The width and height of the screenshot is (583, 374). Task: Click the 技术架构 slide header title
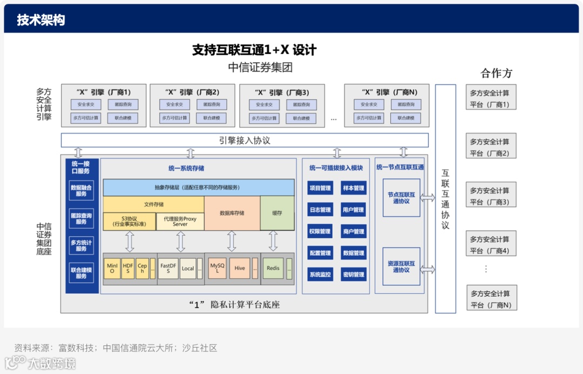[x=41, y=20]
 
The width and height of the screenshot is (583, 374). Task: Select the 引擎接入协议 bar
[x=245, y=141]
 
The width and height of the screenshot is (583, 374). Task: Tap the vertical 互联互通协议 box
[x=445, y=198]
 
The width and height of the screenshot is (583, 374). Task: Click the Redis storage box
[x=273, y=268]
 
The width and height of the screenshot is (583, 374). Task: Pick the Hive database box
[x=240, y=268]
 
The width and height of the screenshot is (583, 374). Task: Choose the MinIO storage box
[x=112, y=268]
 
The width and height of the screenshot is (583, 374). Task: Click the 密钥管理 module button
[x=354, y=275]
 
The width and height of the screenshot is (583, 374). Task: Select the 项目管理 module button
[x=320, y=188]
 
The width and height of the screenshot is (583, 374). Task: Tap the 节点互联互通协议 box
[x=401, y=198]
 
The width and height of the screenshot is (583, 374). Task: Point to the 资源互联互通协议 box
[x=401, y=266]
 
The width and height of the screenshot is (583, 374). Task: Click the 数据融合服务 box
[x=81, y=190]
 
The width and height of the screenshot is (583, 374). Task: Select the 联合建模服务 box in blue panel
[x=81, y=272]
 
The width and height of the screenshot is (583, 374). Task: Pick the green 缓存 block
[x=277, y=213]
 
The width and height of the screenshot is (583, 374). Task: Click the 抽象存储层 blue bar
[x=199, y=188]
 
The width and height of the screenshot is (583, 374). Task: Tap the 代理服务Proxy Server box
[x=180, y=222]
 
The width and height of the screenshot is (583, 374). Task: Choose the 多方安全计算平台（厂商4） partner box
[x=491, y=244]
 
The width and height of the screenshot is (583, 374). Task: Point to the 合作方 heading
[x=496, y=74]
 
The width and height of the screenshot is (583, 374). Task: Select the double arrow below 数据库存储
[x=232, y=241]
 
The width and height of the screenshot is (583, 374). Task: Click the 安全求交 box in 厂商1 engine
[x=86, y=104]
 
